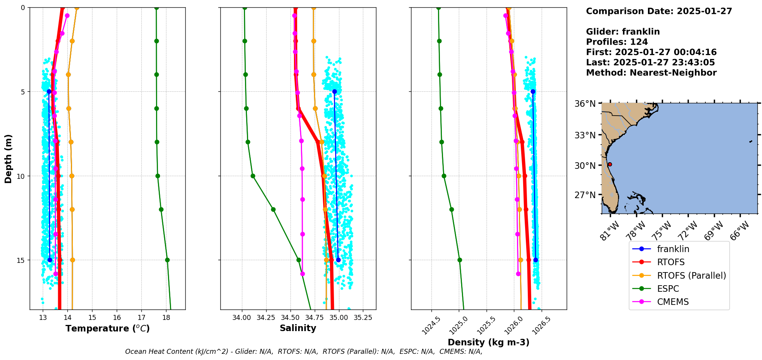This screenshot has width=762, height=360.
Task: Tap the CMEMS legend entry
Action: [673, 302]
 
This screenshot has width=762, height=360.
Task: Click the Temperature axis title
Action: [107, 328]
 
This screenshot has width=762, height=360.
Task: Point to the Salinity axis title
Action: [298, 328]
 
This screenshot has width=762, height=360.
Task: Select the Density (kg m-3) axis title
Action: [488, 342]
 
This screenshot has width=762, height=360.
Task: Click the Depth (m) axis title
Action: [8, 158]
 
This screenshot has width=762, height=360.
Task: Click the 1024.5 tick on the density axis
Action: [431, 326]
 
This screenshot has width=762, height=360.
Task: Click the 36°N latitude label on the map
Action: [585, 104]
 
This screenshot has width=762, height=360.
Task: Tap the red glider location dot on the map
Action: [610, 164]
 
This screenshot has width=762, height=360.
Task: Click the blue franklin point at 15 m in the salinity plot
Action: [338, 260]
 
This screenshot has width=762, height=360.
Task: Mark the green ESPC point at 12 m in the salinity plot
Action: [273, 210]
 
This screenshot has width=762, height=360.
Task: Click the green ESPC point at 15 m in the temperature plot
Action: [167, 260]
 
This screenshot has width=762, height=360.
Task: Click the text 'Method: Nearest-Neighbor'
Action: [651, 73]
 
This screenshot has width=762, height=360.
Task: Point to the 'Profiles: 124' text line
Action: [617, 42]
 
